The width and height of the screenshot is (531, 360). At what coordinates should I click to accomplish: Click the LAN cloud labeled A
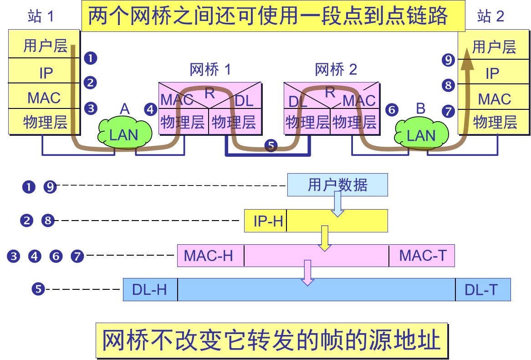[x=124, y=134]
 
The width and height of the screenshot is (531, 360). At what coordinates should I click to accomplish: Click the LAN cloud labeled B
[x=420, y=135]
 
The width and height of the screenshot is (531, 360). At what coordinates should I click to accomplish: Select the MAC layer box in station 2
[x=494, y=99]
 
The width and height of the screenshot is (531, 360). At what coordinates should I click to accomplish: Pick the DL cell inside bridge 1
[x=244, y=101]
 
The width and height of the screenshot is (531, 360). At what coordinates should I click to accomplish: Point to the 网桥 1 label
[x=210, y=70]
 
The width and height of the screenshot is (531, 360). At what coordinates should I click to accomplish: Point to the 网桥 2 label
[x=336, y=70]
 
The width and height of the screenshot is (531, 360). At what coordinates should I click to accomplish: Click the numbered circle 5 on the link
[x=271, y=146]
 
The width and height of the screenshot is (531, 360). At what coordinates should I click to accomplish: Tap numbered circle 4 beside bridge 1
[x=151, y=109]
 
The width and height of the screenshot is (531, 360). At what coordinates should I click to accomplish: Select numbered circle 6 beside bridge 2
[x=391, y=109]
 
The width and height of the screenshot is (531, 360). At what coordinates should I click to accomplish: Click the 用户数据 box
[x=337, y=185]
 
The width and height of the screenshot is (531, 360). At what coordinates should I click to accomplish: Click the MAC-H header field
[x=210, y=256]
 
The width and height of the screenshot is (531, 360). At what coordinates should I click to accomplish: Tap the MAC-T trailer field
[x=422, y=256]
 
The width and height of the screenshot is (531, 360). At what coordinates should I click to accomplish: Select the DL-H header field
[x=150, y=289]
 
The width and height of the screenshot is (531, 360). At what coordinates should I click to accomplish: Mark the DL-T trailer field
[x=482, y=289]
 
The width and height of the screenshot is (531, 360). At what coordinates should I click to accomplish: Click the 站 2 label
[x=490, y=16]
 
